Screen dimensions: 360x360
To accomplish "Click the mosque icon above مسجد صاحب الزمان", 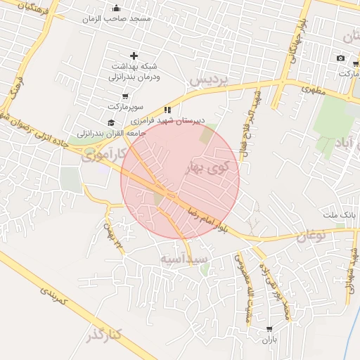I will pyautogui.click(x=116, y=8).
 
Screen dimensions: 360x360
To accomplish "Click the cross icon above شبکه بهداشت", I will pyautogui.click(x=134, y=55).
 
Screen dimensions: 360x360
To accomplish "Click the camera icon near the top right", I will pyautogui.click(x=340, y=58).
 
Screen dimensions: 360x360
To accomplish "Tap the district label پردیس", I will pyautogui.click(x=210, y=81).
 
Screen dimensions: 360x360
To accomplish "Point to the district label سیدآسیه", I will pyautogui.click(x=184, y=259).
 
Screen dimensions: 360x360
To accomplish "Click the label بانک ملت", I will pyautogui.click(x=336, y=214).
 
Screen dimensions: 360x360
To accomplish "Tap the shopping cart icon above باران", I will pyautogui.click(x=269, y=329).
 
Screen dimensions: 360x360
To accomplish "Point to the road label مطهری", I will pyautogui.click(x=316, y=89).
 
